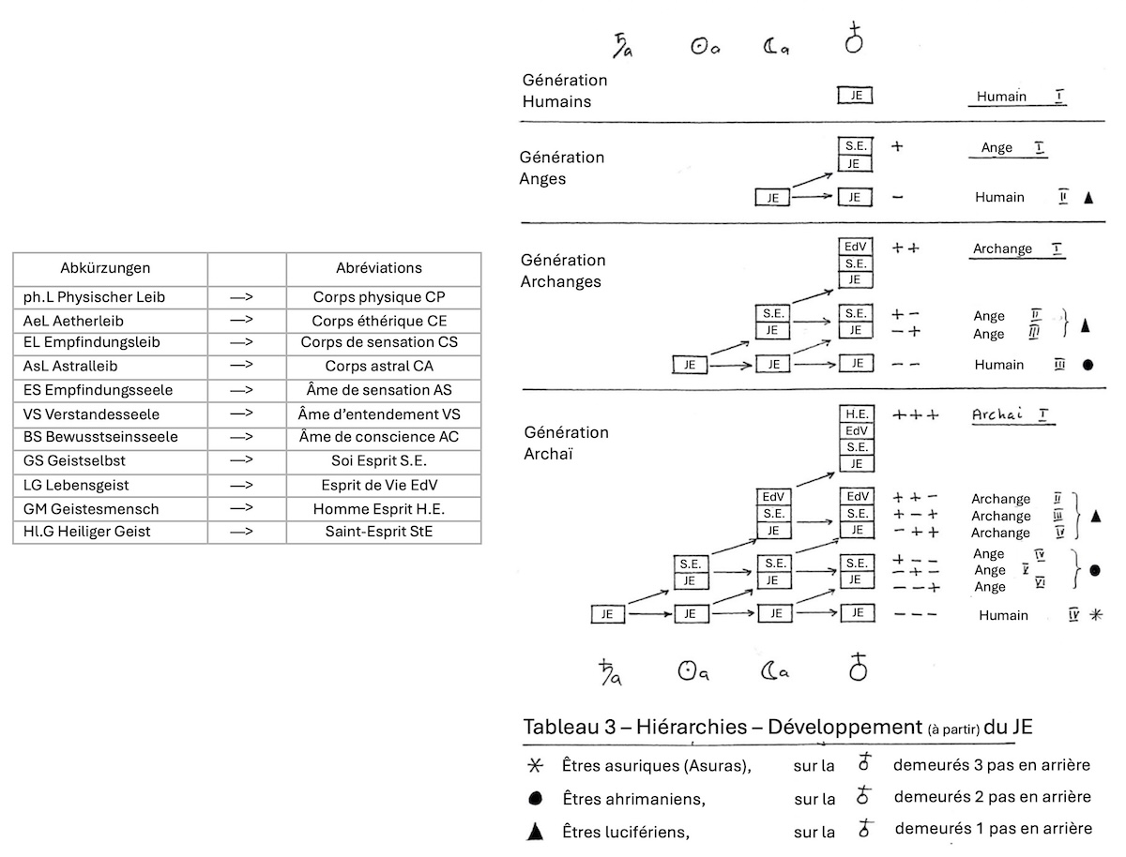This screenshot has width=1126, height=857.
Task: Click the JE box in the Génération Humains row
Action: point(855,96)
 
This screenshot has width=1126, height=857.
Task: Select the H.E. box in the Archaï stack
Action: point(855,413)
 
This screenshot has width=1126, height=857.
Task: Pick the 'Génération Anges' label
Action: point(561,168)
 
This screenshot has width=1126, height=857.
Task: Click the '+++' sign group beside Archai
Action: point(915,414)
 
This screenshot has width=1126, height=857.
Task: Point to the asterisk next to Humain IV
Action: point(1095,615)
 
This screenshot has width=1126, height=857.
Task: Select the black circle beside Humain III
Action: point(1088,365)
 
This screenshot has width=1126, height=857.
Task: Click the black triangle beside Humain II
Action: point(1088,198)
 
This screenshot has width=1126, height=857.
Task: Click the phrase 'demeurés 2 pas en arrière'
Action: point(992,797)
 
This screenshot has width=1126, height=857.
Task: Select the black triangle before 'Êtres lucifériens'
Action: point(536,830)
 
